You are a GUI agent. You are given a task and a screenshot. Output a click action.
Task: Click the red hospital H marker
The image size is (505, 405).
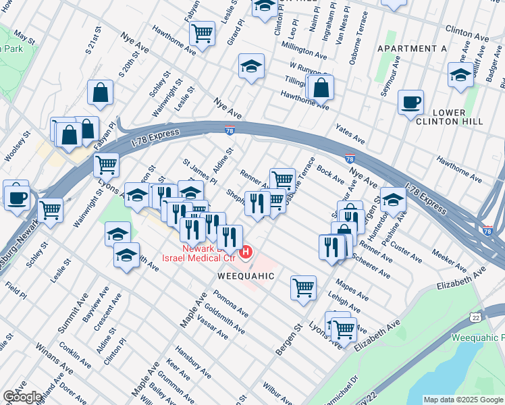(x=246, y=252)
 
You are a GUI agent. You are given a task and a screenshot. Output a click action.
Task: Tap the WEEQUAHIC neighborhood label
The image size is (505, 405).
(x=246, y=276)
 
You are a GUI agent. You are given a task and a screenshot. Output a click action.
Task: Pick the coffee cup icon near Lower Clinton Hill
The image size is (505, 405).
(x=410, y=103)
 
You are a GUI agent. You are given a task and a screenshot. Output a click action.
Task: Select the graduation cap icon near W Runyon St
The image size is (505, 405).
(x=251, y=66)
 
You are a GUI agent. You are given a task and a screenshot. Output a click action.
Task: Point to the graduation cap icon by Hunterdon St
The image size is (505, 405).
(x=393, y=199)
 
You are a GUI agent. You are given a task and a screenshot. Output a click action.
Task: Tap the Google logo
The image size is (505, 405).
(x=22, y=396)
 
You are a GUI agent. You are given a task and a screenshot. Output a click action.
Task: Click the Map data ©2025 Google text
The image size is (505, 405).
(x=462, y=400)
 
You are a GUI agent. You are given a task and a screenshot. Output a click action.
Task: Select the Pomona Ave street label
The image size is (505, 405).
(x=230, y=304)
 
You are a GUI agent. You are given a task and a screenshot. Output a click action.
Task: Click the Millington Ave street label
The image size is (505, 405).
(x=305, y=51)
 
